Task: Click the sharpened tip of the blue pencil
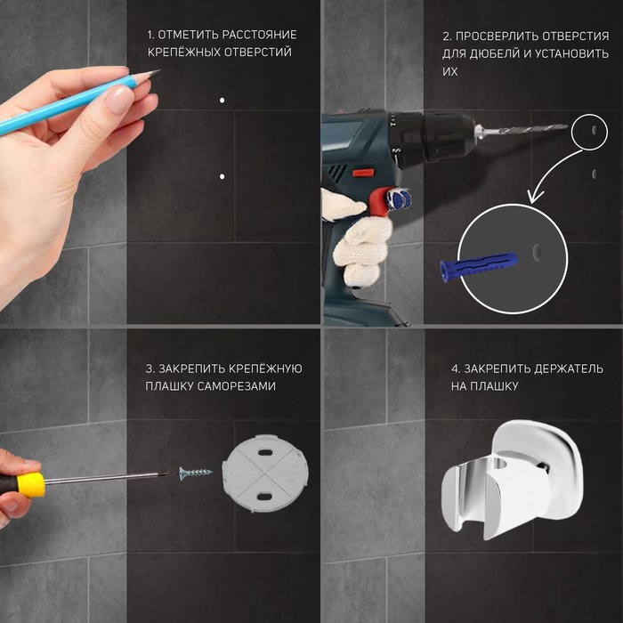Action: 159,70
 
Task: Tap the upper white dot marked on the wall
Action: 222,100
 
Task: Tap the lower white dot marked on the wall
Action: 222,176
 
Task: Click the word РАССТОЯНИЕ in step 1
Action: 259,35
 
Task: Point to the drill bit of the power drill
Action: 522,129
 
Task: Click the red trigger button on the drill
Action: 363,173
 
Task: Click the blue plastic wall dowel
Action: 479,263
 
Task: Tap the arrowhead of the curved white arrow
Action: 534,197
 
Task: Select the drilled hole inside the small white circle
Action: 594,130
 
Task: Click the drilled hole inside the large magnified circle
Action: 537,252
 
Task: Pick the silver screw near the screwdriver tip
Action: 196,473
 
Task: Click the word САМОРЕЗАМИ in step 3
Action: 236,386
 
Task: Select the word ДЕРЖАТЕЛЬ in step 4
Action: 569,369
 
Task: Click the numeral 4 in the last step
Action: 455,369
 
